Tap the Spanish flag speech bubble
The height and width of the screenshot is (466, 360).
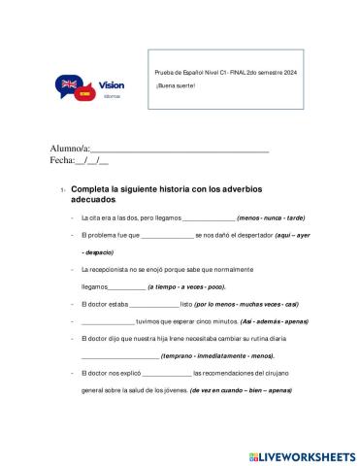pyautogui.click(x=82, y=95)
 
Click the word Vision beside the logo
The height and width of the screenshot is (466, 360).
pyautogui.click(x=112, y=85)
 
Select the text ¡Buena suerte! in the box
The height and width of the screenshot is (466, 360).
pyautogui.click(x=176, y=86)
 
